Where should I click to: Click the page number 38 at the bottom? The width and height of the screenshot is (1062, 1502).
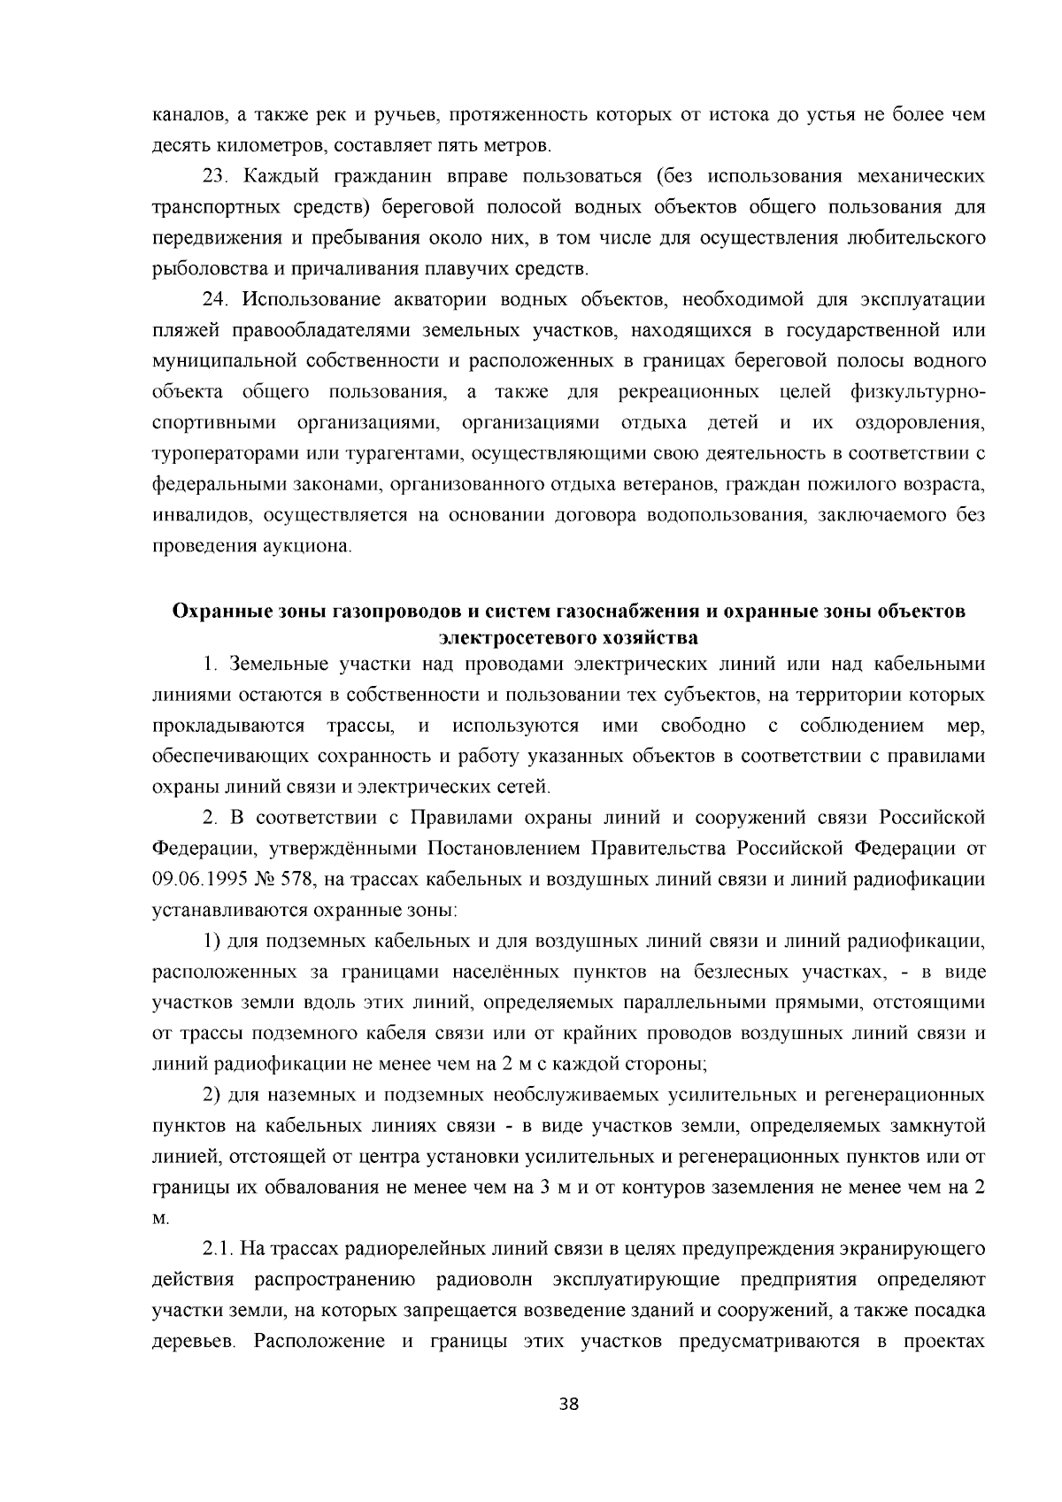pyautogui.click(x=569, y=1404)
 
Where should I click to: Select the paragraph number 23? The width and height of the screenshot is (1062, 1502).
pyautogui.click(x=215, y=176)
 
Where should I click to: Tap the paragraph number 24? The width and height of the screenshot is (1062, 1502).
pyautogui.click(x=215, y=299)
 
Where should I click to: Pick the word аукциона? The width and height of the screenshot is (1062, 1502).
pyautogui.click(x=306, y=545)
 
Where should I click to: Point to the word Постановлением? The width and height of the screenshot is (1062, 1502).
pyautogui.click(x=504, y=848)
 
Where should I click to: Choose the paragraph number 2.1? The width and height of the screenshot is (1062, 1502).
pyautogui.click(x=219, y=1249)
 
